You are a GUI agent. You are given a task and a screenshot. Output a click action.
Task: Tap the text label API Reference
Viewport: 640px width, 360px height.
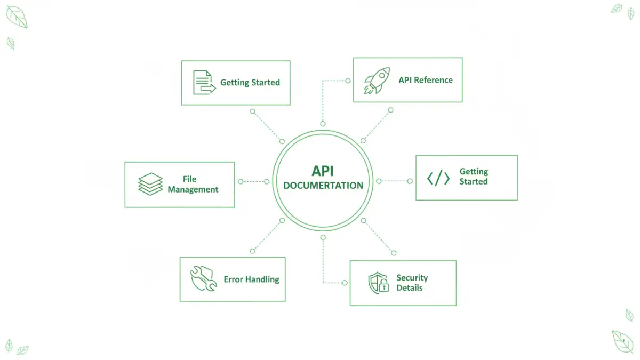[425, 80]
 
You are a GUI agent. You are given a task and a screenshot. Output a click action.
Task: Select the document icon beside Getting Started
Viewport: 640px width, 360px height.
[202, 83]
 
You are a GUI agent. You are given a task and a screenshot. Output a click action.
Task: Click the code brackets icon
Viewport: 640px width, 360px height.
[438, 179]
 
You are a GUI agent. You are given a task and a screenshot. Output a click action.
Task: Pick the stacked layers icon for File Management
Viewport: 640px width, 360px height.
[150, 184]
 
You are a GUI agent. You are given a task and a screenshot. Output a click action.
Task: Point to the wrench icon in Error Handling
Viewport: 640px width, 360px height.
[203, 279]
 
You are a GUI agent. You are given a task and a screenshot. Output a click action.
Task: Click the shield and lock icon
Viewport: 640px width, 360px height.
[379, 283]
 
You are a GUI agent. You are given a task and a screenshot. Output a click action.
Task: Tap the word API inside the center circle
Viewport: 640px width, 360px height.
[323, 172]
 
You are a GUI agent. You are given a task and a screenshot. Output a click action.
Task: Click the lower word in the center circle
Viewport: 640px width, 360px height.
[323, 186]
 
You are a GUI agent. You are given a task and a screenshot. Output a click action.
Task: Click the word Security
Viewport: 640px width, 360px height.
[412, 278]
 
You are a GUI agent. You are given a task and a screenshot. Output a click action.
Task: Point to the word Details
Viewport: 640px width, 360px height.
[409, 288]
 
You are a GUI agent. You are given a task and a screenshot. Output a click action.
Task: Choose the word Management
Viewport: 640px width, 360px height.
[193, 189]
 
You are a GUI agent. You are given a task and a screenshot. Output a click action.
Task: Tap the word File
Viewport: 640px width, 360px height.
[189, 179]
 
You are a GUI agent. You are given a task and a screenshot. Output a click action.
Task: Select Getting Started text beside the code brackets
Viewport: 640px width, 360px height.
[474, 177]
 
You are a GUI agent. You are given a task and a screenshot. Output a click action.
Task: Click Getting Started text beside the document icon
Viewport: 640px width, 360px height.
[250, 83]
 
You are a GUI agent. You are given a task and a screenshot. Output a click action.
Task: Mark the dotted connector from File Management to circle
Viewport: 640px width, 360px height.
[253, 181]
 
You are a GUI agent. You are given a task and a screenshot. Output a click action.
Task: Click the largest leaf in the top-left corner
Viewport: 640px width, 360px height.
[17, 18]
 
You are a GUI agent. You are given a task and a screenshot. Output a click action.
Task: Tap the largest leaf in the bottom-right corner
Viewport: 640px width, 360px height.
[622, 341]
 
